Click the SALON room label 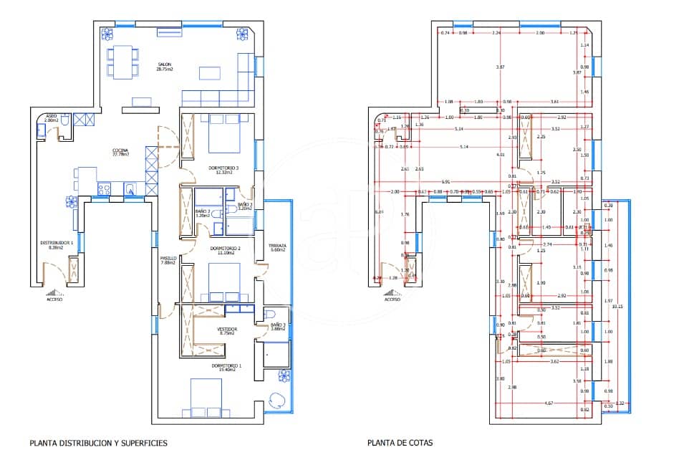click(x=165, y=67)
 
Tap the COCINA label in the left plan click(x=120, y=152)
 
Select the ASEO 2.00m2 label click(x=51, y=118)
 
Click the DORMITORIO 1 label click(x=226, y=367)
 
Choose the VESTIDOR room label click(x=226, y=330)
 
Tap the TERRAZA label click(x=277, y=248)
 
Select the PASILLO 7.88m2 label click(x=168, y=260)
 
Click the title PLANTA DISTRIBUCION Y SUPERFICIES click(x=98, y=443)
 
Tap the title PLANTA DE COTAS click(x=400, y=443)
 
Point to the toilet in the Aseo click(x=64, y=124)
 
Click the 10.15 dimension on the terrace click(x=617, y=307)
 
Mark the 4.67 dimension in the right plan click(x=548, y=403)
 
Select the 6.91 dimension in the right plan click(x=446, y=182)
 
